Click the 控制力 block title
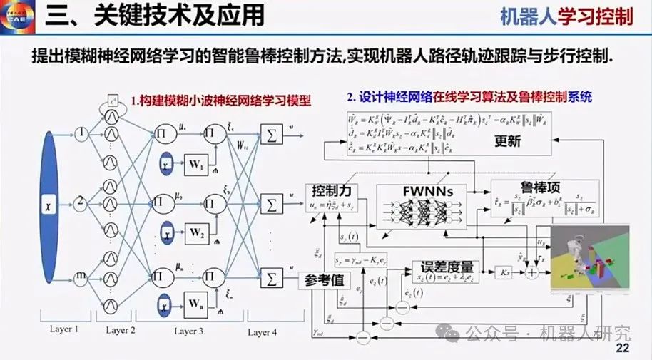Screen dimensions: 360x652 pyautogui.click(x=330, y=191)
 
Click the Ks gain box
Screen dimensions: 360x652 pyautogui.click(x=505, y=272)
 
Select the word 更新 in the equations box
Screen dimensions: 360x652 pyautogui.click(x=507, y=141)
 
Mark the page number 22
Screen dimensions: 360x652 pyautogui.click(x=622, y=348)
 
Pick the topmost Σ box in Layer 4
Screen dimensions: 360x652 pyautogui.click(x=271, y=134)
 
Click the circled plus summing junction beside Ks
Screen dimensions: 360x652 pyautogui.click(x=531, y=272)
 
